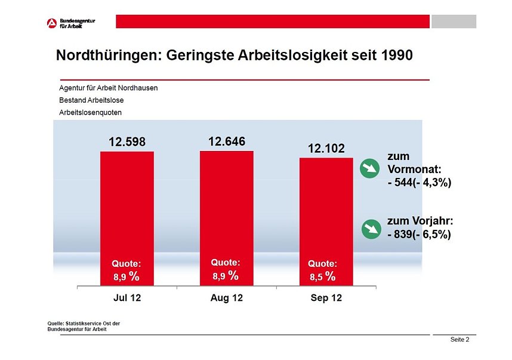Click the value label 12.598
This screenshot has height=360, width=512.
(x=127, y=142)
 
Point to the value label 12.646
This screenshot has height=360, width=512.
(x=226, y=141)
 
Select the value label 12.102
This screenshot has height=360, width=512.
(x=326, y=149)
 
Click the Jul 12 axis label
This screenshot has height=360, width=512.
(x=127, y=298)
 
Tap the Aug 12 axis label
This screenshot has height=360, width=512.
(x=227, y=298)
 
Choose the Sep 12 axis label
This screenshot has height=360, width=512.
(x=326, y=298)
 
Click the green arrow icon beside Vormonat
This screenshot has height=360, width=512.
(x=371, y=169)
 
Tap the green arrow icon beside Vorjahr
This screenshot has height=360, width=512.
(x=371, y=228)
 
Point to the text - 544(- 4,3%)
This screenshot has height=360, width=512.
(x=419, y=183)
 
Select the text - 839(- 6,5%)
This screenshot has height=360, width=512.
(x=419, y=235)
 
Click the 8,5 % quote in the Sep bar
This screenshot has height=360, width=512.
(x=322, y=276)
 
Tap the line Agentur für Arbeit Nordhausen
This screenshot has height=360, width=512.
(x=108, y=88)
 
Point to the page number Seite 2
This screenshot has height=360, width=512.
(x=459, y=340)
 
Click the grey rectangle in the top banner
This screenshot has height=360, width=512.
(x=454, y=21)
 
